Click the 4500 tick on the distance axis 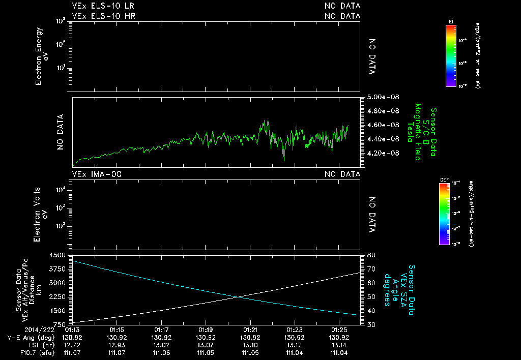57,255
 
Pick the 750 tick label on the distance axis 60,324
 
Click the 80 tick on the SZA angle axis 371,255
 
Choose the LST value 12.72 74,345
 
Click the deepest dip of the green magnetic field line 284,160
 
